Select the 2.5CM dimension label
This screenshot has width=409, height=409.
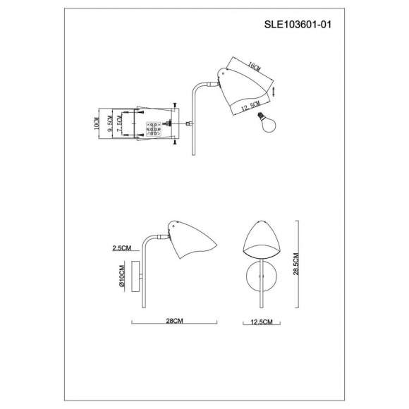tap(122, 248)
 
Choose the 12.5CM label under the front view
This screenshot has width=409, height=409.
tap(262, 322)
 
